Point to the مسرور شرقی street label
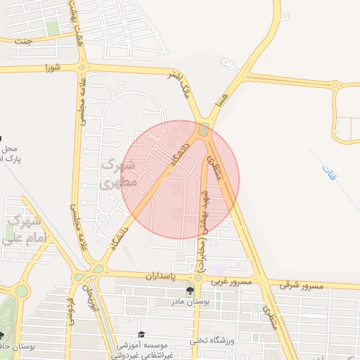[x=300, y=285]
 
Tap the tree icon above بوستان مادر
[x=190, y=290]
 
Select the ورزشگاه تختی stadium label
[x=211, y=341]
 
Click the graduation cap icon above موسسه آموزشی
[x=141, y=334]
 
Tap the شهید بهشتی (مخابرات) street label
[x=203, y=224]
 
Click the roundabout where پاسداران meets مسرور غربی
[x=198, y=277]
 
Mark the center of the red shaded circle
[x=181, y=179]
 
